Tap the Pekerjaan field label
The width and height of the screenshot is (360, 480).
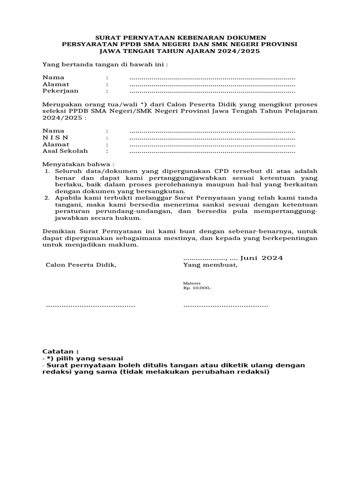point(60,91)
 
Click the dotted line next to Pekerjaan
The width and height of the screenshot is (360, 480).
point(212,91)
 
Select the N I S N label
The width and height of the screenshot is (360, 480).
point(55,137)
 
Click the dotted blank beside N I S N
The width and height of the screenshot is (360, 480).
point(212,138)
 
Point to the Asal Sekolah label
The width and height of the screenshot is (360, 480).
point(65,151)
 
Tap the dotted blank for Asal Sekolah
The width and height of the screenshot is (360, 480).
point(212,151)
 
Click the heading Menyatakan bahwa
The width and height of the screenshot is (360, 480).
point(78,165)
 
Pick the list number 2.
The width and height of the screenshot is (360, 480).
point(47,198)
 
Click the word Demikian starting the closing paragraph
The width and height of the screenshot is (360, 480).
point(59,232)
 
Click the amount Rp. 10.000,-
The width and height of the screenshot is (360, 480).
point(197,288)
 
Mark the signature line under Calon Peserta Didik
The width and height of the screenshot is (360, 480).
point(90,306)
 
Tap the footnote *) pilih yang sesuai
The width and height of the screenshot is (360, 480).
point(83,358)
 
